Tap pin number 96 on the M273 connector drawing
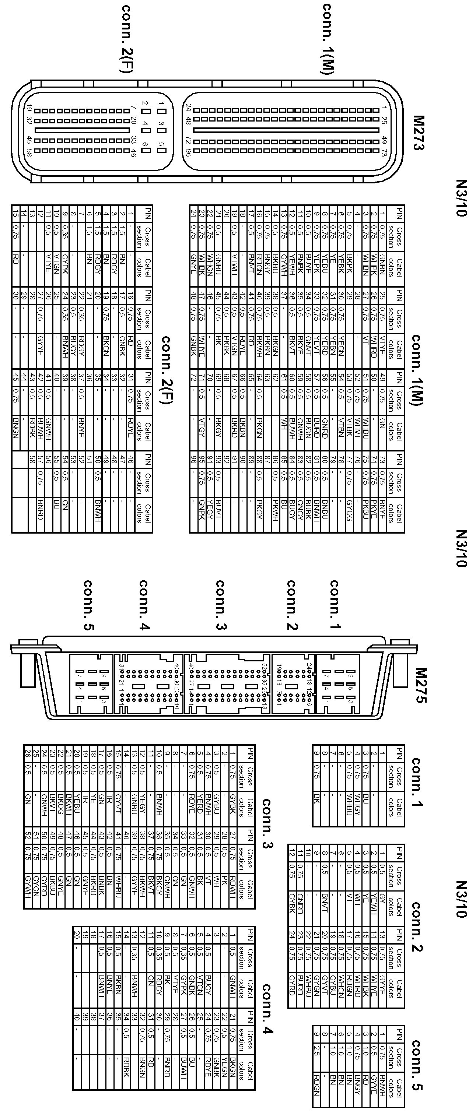(188, 152)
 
